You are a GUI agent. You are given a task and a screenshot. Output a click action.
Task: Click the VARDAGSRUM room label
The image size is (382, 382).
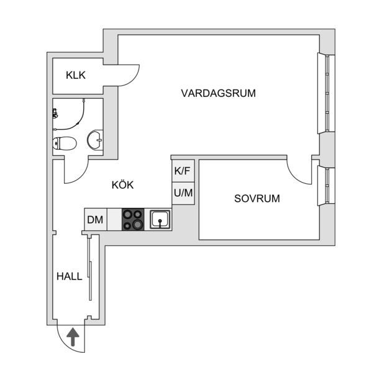coord(218,93)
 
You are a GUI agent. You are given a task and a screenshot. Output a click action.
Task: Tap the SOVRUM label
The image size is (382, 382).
coord(257,199)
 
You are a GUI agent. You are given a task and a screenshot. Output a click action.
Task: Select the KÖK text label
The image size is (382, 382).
coord(122,184)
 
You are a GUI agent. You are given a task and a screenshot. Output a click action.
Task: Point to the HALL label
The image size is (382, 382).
coord(69,276)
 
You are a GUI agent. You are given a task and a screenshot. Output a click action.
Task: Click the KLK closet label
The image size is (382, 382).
coord(76,75)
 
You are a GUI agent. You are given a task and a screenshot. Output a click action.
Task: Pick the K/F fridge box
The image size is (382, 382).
coord(183,171)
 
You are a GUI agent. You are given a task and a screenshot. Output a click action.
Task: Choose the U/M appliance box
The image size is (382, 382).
coord(183,193)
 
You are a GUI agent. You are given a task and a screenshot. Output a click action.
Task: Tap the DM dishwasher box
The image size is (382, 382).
coord(95,219)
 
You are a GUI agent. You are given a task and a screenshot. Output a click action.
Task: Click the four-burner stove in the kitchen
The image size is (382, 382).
coord(133,219)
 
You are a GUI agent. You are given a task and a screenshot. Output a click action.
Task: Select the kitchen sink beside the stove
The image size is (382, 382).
coord(160,219)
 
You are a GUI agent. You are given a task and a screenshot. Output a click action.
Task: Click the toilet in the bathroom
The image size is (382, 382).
coord(64,143)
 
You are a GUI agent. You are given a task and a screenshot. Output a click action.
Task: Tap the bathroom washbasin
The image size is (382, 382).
coord(96,140)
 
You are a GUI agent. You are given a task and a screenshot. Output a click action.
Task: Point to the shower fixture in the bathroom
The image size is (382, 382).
coord(55,114)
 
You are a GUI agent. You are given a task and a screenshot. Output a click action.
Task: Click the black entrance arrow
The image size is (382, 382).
coord(73,337)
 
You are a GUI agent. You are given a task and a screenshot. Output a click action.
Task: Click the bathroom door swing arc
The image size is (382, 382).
coord(77,175)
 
